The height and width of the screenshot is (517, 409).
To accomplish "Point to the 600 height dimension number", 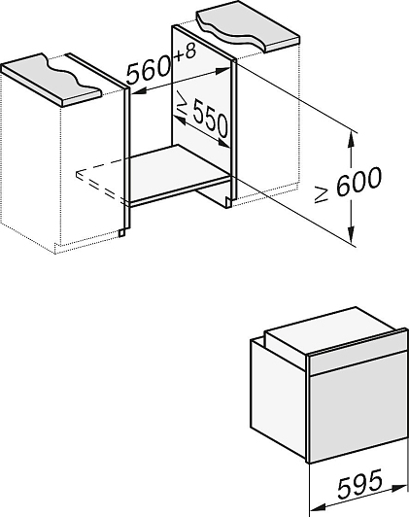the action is point(358,181).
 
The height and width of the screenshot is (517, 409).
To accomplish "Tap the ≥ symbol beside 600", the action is point(321,193).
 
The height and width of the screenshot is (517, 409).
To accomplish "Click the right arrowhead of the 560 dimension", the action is point(222,70).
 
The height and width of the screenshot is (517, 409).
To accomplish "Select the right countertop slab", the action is point(248,29).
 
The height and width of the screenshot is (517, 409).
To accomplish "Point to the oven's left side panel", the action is point(279,398).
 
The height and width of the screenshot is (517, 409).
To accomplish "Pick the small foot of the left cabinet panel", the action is point(122,233).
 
